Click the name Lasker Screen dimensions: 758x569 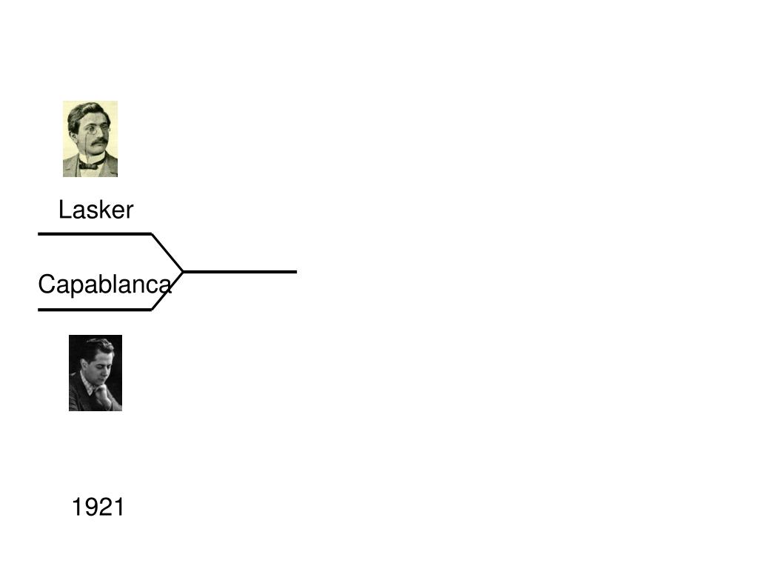pyautogui.click(x=95, y=210)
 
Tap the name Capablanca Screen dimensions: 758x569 pyautogui.click(x=104, y=284)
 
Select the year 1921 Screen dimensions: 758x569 pyautogui.click(x=98, y=508)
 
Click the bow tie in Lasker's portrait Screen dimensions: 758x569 pyautogui.click(x=89, y=165)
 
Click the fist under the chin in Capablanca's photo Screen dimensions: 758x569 pyautogui.click(x=103, y=393)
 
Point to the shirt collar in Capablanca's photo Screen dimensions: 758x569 pyautogui.click(x=87, y=382)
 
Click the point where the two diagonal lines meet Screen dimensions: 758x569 pyautogui.click(x=183, y=272)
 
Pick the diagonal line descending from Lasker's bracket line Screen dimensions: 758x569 pyautogui.click(x=167, y=253)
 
